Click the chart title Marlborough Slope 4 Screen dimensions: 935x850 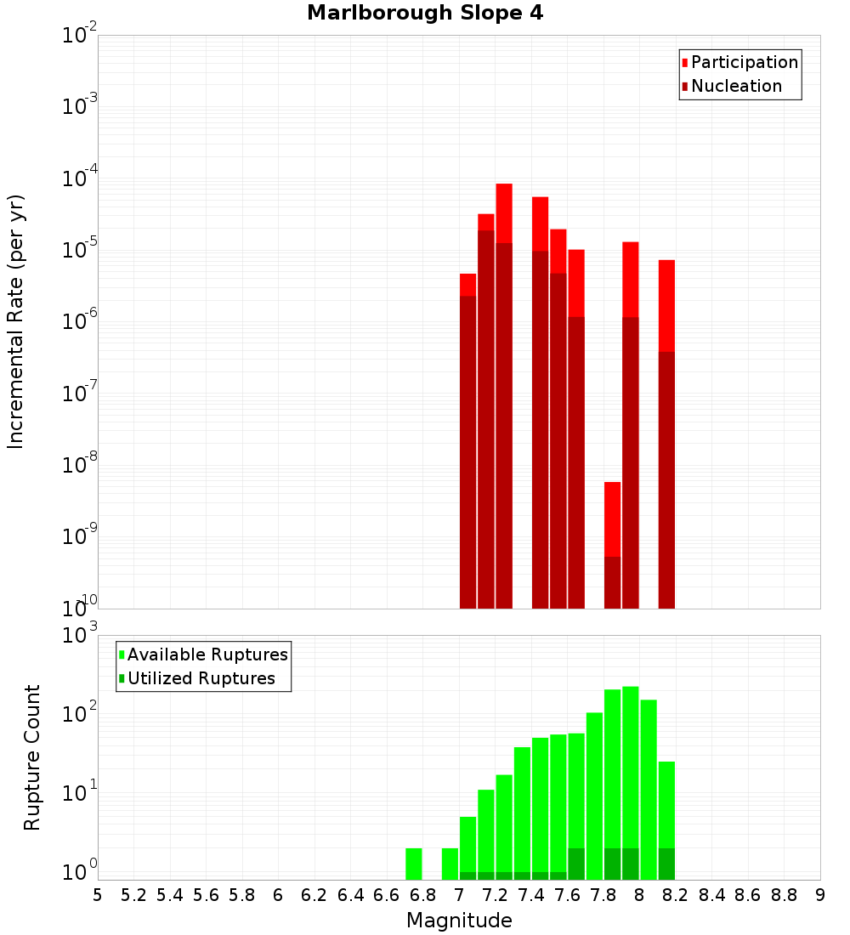pyautogui.click(x=424, y=13)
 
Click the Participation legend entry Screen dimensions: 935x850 pyautogui.click(x=744, y=62)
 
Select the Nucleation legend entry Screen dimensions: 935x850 pyautogui.click(x=736, y=86)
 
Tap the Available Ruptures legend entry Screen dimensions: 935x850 pyautogui.click(x=207, y=654)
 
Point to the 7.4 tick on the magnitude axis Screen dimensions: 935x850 pyautogui.click(x=531, y=894)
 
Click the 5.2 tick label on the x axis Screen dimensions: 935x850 pyautogui.click(x=133, y=894)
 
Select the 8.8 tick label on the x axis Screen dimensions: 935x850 pyautogui.click(x=784, y=894)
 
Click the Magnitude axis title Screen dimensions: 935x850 pyautogui.click(x=459, y=921)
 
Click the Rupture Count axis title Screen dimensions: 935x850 pyautogui.click(x=32, y=756)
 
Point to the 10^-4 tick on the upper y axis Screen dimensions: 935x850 pyautogui.click(x=81, y=178)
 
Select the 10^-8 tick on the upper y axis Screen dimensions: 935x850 pyautogui.click(x=81, y=465)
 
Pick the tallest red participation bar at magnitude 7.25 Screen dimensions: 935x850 pyautogui.click(x=504, y=212)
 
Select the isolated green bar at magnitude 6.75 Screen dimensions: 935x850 pyautogui.click(x=414, y=864)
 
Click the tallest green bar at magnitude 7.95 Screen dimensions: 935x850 pyautogui.click(x=631, y=765)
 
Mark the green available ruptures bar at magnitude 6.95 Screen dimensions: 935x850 pyautogui.click(x=450, y=864)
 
